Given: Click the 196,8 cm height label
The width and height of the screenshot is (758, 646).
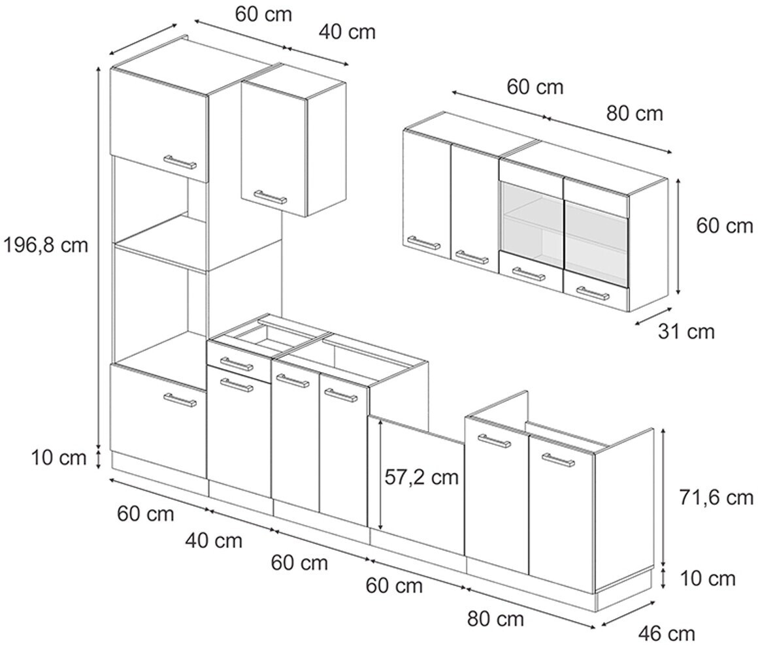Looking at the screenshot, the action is point(45,245).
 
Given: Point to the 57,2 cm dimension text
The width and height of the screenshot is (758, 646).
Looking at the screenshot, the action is point(421,477).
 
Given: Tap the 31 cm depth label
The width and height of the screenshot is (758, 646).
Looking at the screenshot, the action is point(686,331).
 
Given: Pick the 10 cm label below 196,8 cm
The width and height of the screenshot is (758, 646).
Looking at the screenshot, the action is point(58,458).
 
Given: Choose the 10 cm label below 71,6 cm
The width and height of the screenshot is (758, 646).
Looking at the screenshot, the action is point(708,578).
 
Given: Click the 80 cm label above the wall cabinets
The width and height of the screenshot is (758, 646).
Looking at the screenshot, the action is point(634,114).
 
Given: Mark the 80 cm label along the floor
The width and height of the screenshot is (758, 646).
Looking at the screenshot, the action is point(495,618).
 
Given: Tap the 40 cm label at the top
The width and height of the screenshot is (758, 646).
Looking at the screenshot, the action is point(347,31).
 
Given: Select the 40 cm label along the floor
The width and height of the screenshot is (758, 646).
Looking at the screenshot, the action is point(214,540).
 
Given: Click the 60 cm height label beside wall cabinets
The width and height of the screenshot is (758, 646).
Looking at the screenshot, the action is point(724,226).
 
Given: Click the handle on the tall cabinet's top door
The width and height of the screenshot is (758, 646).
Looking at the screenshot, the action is point(180,161).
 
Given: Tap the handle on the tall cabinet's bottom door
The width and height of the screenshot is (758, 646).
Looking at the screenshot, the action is point(180,400).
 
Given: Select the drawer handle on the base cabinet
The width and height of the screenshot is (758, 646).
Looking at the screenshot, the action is point(237,363).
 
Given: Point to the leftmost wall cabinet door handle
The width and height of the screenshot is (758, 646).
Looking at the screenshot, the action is point(423,243).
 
